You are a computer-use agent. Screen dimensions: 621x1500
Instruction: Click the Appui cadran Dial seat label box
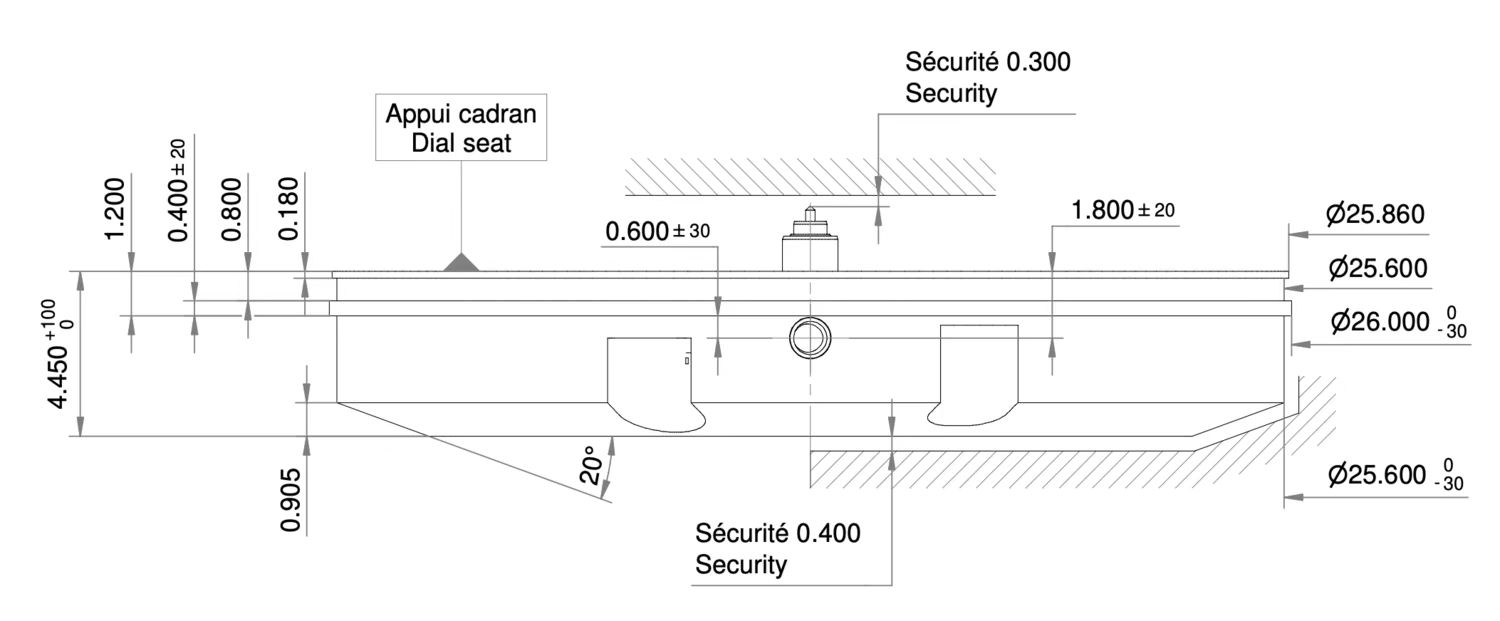click(461, 128)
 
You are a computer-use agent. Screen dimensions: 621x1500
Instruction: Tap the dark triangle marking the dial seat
click(460, 262)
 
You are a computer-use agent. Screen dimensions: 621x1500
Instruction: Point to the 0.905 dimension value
click(292, 496)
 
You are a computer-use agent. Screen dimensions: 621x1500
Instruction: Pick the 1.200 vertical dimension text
click(115, 208)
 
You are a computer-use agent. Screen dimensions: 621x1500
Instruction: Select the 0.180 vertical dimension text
click(289, 208)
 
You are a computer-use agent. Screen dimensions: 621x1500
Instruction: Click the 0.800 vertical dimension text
click(232, 208)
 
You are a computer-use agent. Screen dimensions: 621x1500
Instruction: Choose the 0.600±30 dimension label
click(657, 232)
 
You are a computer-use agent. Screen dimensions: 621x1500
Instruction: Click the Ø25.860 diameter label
click(1375, 215)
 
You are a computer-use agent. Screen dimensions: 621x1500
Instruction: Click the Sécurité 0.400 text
click(777, 533)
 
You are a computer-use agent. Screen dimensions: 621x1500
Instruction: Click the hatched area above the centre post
click(810, 176)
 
